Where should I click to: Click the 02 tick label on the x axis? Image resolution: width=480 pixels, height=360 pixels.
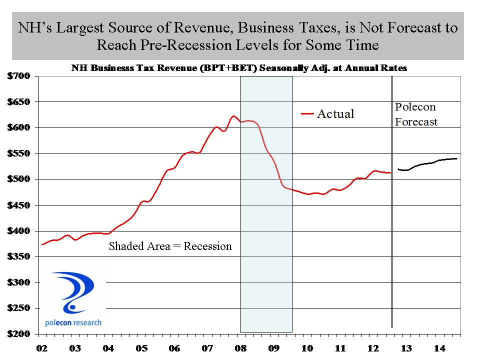click(x=42, y=347)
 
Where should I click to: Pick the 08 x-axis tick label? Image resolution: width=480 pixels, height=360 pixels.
click(x=240, y=347)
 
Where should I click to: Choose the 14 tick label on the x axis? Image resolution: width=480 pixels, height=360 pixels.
click(x=439, y=347)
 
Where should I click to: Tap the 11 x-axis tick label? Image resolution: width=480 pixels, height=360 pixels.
click(x=340, y=347)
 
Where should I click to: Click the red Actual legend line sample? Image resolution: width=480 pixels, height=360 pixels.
click(x=307, y=114)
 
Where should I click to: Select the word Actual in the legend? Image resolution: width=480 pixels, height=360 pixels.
click(x=335, y=114)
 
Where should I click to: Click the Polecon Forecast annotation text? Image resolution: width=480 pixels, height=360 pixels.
click(x=416, y=114)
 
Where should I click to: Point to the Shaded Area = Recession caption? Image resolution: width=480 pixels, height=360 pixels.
click(x=170, y=246)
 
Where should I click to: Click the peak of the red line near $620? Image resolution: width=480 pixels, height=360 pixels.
click(x=233, y=116)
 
